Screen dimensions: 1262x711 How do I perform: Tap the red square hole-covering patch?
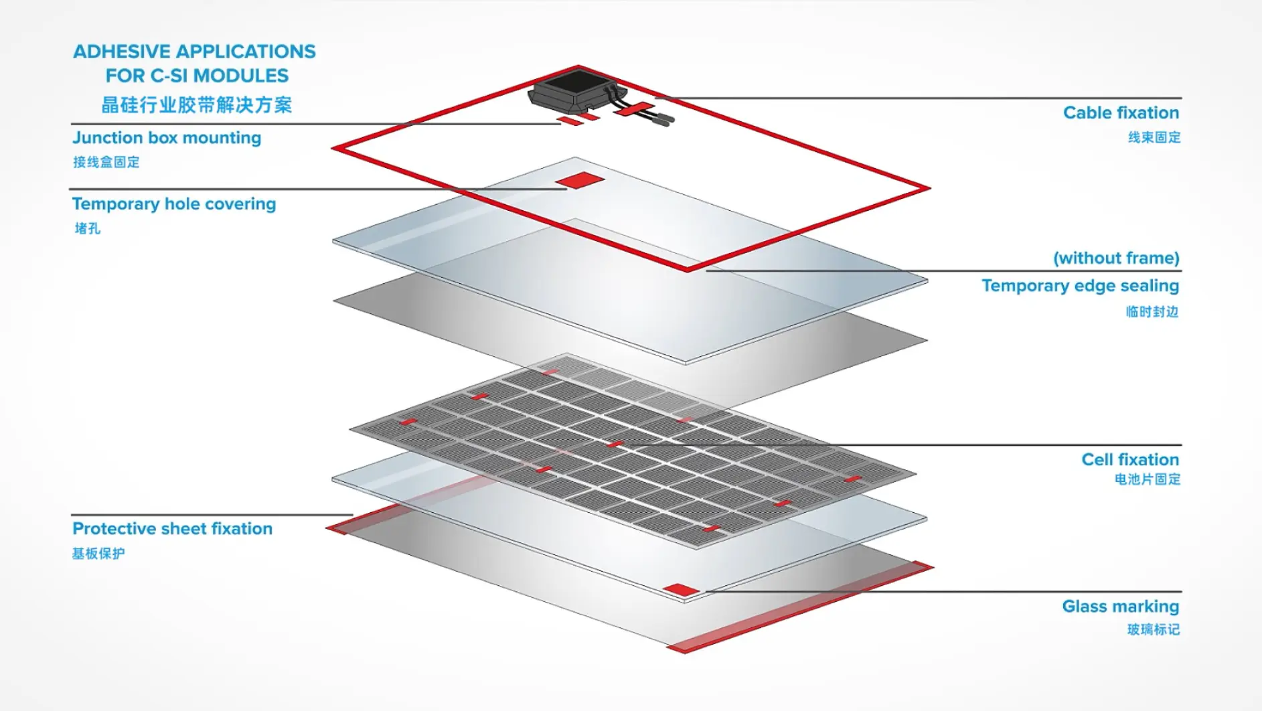pos(580,180)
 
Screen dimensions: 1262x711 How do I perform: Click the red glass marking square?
pos(681,590)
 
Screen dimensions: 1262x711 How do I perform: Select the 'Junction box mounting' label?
pos(167,138)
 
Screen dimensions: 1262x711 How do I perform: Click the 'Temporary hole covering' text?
pos(174,204)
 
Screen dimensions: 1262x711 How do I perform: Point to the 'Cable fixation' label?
pos(1121,112)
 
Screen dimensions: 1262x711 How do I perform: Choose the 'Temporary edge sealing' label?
pos(1080,286)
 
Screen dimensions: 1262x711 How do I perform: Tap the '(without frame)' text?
pos(1116,258)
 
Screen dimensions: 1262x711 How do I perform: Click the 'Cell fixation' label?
pos(1130,459)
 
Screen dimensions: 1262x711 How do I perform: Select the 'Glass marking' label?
pos(1120,607)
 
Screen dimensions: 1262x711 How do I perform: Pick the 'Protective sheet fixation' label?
pos(172,529)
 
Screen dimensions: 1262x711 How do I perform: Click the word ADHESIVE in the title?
pos(123,52)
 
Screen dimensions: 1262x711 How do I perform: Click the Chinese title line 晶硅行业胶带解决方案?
pos(196,105)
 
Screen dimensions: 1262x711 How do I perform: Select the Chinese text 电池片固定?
pos(1147,479)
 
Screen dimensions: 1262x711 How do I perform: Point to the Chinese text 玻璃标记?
pos(1153,629)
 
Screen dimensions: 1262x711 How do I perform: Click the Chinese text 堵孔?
pos(87,229)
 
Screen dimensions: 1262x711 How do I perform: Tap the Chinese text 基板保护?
pos(98,554)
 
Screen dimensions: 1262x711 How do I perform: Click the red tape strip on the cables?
pos(634,109)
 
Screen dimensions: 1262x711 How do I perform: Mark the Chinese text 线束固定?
pos(1154,137)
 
